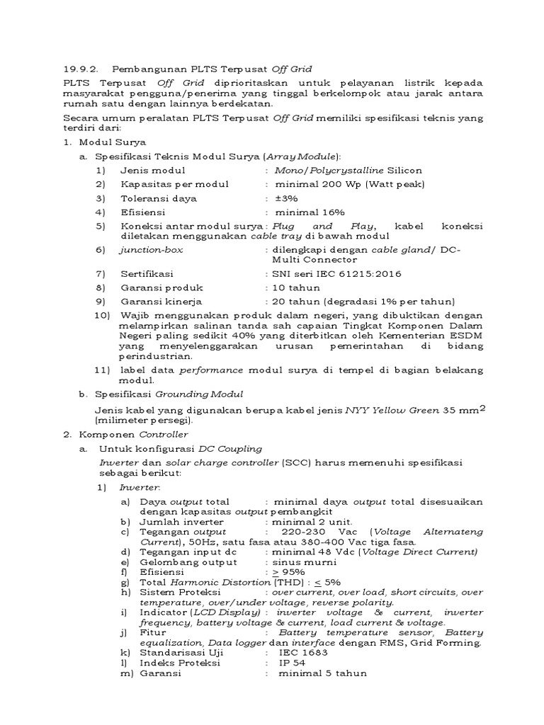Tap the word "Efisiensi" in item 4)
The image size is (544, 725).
[x=142, y=212]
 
